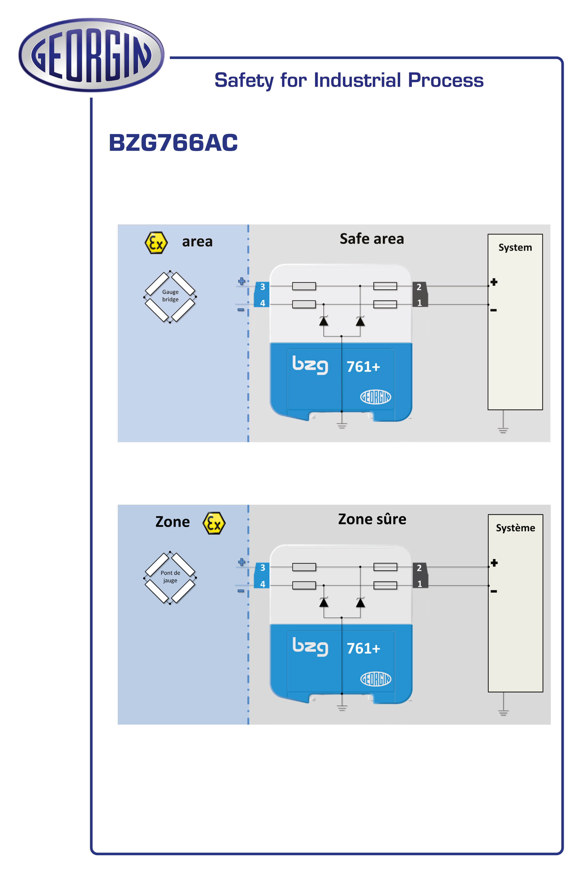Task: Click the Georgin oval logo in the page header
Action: [91, 55]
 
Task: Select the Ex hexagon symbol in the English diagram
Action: [156, 243]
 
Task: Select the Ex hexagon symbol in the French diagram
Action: [214, 523]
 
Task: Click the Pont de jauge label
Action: [170, 576]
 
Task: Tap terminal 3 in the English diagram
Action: [262, 287]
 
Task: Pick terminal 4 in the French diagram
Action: [262, 584]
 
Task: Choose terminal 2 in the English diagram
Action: [419, 287]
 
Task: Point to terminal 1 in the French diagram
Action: [419, 584]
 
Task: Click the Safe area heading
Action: [372, 239]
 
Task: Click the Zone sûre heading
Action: [372, 519]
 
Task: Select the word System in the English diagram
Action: [515, 248]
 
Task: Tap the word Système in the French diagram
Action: [515, 528]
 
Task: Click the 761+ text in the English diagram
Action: [363, 367]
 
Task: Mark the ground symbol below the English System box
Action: [503, 430]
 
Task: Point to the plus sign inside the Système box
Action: [494, 563]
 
